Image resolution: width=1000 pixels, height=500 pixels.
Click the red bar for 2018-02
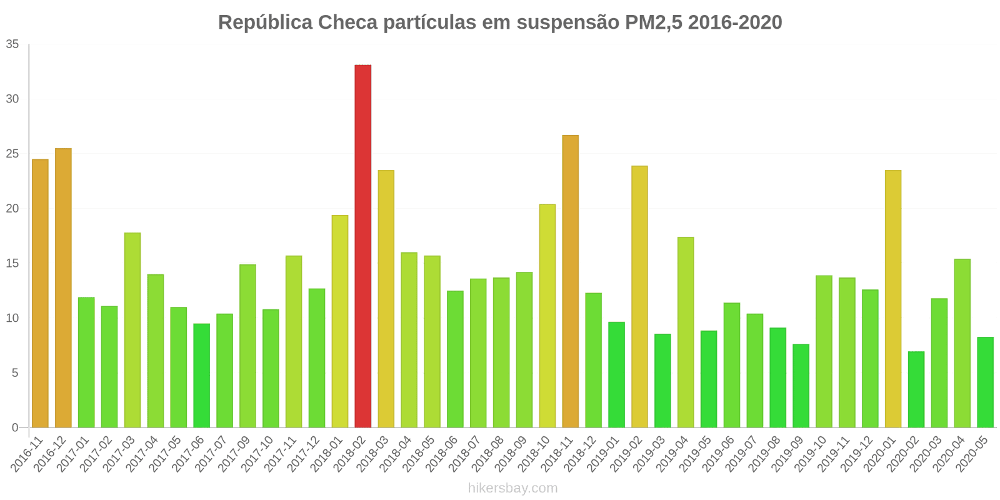point(362,246)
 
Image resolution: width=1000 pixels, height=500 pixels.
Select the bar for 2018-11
point(570,281)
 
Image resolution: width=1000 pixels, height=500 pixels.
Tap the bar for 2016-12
point(63,287)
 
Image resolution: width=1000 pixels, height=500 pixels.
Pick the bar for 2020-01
point(893,299)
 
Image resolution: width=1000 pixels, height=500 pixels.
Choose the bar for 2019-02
point(639,297)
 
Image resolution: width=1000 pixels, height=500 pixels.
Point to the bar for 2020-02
point(916,389)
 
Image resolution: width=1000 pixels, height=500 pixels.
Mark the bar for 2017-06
point(201,376)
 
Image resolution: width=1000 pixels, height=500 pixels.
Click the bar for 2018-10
point(547,316)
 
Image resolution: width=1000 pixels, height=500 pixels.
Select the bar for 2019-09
point(801,386)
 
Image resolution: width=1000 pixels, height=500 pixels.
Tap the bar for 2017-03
point(132,330)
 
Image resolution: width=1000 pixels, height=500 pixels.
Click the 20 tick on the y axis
point(12,209)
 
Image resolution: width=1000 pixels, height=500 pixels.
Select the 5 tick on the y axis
point(15,373)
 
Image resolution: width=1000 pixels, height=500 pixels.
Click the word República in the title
point(265,22)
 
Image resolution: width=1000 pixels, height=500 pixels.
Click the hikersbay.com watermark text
point(512,487)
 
